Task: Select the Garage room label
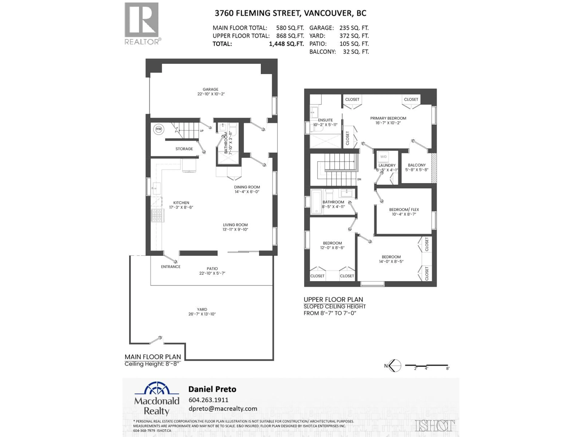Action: tap(211, 89)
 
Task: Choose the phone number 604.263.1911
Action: tap(208, 400)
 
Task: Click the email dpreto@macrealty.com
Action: tap(223, 409)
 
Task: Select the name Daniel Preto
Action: tap(212, 389)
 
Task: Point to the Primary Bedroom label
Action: tap(388, 118)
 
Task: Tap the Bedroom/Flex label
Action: tap(404, 210)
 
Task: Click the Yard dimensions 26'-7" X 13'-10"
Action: tap(202, 314)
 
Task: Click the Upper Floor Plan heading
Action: tap(333, 300)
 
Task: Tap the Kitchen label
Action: tap(181, 203)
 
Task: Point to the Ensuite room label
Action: tap(325, 120)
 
